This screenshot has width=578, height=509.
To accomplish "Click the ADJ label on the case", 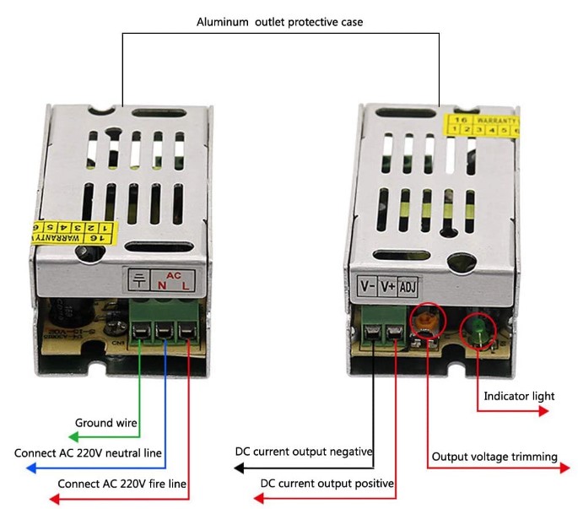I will tap(408, 285).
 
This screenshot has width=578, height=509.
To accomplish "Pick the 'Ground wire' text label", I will tap(106, 423).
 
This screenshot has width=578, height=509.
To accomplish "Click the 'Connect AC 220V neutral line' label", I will tap(88, 453).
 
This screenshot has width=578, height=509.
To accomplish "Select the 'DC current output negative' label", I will tap(304, 452).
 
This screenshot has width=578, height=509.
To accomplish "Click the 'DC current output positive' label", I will tap(327, 484).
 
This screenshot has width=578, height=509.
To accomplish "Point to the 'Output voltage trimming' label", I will tap(494, 457).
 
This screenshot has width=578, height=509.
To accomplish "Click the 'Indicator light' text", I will tap(519, 396).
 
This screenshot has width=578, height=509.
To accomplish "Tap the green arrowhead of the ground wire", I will tap(73, 437).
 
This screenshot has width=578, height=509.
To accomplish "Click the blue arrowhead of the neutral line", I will tap(31, 468).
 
